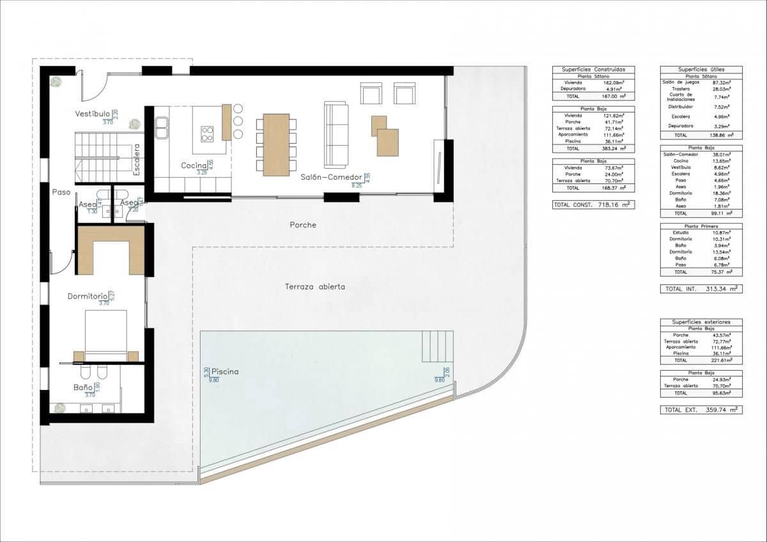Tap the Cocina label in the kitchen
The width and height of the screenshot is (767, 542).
point(194,166)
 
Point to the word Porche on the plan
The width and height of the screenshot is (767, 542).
point(303,225)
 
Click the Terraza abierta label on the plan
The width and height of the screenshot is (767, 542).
point(314,287)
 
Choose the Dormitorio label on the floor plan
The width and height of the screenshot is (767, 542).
point(88,297)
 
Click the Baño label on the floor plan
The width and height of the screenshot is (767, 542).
point(82,387)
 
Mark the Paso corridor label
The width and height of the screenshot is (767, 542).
point(61,190)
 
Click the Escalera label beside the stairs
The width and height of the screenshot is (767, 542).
point(137,159)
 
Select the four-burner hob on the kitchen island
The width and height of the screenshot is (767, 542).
point(208,134)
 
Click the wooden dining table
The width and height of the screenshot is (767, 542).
point(276,144)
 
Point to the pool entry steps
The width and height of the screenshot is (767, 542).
point(438,346)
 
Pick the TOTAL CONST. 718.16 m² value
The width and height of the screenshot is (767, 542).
point(593,205)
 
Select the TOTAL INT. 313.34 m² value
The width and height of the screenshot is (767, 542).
point(701,289)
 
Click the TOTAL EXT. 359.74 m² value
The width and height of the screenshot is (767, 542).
point(701,410)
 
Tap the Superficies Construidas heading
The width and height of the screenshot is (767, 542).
point(594,69)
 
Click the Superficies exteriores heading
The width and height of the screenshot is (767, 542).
point(701,322)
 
